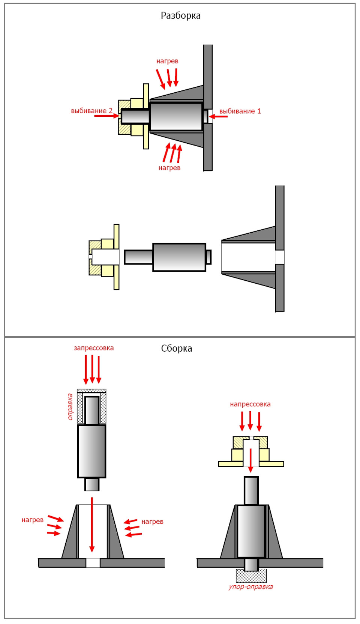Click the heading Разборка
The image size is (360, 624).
click(180, 16)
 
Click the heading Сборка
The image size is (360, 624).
click(177, 349)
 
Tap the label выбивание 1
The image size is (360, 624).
click(240, 111)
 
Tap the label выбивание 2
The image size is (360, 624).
click(91, 111)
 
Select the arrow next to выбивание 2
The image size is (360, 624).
click(106, 116)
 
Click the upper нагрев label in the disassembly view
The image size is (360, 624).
click(167, 61)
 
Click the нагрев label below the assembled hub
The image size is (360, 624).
click(169, 168)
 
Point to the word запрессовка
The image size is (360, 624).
click(93, 348)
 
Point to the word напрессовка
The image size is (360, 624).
click(250, 404)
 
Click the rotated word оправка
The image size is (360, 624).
click(70, 407)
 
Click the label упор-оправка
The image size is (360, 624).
click(250, 587)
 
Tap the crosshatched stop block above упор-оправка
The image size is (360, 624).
click(251, 576)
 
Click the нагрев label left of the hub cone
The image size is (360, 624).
click(32, 520)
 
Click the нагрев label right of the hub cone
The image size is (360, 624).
click(152, 522)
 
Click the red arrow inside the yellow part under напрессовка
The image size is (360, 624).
click(250, 460)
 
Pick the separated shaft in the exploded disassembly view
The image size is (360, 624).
click(168, 257)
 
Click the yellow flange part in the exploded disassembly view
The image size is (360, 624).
click(104, 257)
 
